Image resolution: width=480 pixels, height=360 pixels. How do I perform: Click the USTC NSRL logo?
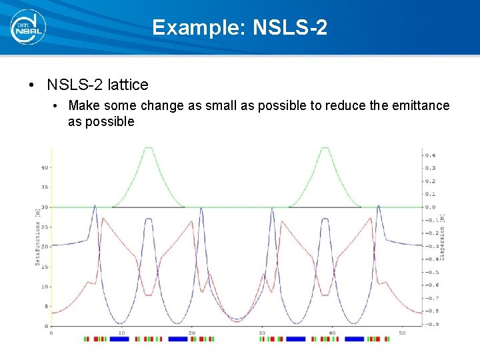[x=27, y=27]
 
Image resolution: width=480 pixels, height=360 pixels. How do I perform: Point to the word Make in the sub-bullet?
[x=83, y=105]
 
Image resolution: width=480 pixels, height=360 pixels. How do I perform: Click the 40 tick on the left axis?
[x=45, y=167]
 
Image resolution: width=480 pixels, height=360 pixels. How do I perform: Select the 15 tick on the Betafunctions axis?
[x=45, y=267]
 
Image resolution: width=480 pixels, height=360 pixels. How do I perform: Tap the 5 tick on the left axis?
[x=46, y=307]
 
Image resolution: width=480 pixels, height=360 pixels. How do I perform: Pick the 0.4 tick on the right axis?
[x=431, y=155]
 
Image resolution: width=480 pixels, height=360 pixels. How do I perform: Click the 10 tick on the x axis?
[x=121, y=332]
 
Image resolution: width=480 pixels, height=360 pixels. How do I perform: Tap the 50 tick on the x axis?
[x=402, y=332]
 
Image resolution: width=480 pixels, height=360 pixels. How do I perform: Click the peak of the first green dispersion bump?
[x=148, y=148]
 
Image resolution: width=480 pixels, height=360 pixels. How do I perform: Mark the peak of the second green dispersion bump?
[x=325, y=148]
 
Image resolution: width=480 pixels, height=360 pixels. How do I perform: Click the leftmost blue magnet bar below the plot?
[x=119, y=339]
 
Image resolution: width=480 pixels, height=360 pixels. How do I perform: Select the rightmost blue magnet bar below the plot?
[x=354, y=339]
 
